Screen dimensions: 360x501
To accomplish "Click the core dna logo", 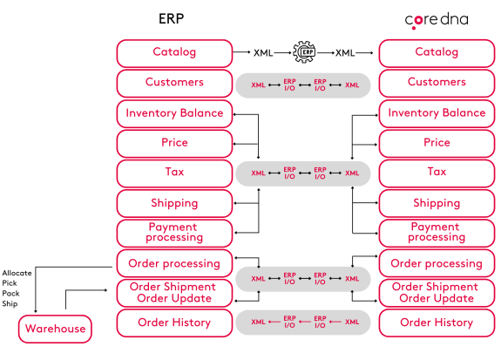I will pyautogui.click(x=435, y=19).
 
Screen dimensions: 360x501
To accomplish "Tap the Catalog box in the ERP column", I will pyautogui.click(x=173, y=52).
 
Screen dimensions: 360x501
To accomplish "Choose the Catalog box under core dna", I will pyautogui.click(x=436, y=52).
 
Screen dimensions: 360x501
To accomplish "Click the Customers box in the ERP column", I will pyautogui.click(x=173, y=83).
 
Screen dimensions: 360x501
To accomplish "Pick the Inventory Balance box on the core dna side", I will pyautogui.click(x=436, y=113).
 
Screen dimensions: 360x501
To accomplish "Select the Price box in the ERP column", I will pyautogui.click(x=173, y=143).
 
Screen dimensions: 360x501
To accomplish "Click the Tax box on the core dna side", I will pyautogui.click(x=436, y=173).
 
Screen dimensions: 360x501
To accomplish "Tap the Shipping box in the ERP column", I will pyautogui.click(x=173, y=203).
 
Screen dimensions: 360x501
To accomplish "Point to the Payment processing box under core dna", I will pyautogui.click(x=436, y=232).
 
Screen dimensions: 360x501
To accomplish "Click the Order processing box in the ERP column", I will pyautogui.click(x=173, y=263).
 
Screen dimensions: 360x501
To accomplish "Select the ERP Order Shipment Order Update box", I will pyautogui.click(x=173, y=293).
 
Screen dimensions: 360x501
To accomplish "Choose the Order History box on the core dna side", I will pyautogui.click(x=436, y=323).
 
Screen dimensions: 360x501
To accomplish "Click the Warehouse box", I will pyautogui.click(x=55, y=329).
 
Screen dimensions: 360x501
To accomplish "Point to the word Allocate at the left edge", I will pyautogui.click(x=17, y=273).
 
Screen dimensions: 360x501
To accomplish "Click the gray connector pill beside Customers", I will pyautogui.click(x=304, y=85).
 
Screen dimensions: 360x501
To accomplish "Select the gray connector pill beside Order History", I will pyautogui.click(x=304, y=323).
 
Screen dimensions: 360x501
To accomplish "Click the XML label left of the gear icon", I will pyautogui.click(x=264, y=52).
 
